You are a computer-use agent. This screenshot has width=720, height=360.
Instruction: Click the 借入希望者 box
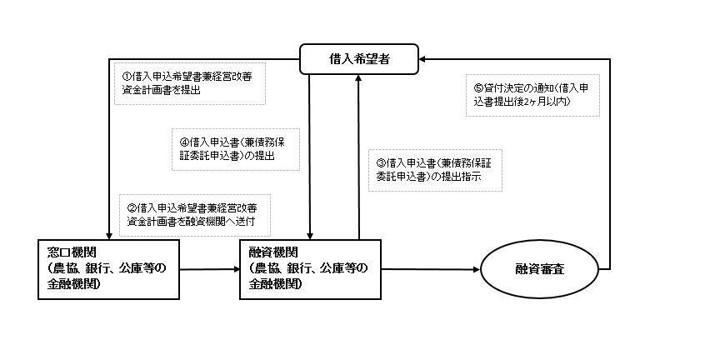coord(359,59)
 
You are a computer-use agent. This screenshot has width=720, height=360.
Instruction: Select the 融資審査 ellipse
coord(539,269)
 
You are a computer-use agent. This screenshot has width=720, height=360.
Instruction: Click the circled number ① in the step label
coord(127,76)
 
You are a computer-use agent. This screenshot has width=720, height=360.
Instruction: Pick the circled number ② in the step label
coord(132,208)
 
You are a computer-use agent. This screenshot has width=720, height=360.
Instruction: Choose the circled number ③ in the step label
coord(381,162)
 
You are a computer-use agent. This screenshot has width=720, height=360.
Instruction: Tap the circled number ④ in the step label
coord(184,142)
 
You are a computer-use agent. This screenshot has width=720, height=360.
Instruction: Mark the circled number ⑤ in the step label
coord(478,87)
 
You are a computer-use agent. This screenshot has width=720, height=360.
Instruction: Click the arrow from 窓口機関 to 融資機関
coord(210,269)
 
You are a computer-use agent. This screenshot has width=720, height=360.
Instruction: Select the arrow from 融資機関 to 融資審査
coord(431,269)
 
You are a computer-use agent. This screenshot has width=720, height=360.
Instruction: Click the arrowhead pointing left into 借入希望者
coord(422,59)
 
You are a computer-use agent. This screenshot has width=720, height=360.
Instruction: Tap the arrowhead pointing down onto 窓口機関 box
coord(109,236)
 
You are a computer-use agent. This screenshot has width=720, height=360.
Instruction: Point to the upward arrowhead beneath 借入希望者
coord(358,77)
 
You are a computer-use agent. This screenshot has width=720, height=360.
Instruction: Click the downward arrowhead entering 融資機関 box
coord(310,236)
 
